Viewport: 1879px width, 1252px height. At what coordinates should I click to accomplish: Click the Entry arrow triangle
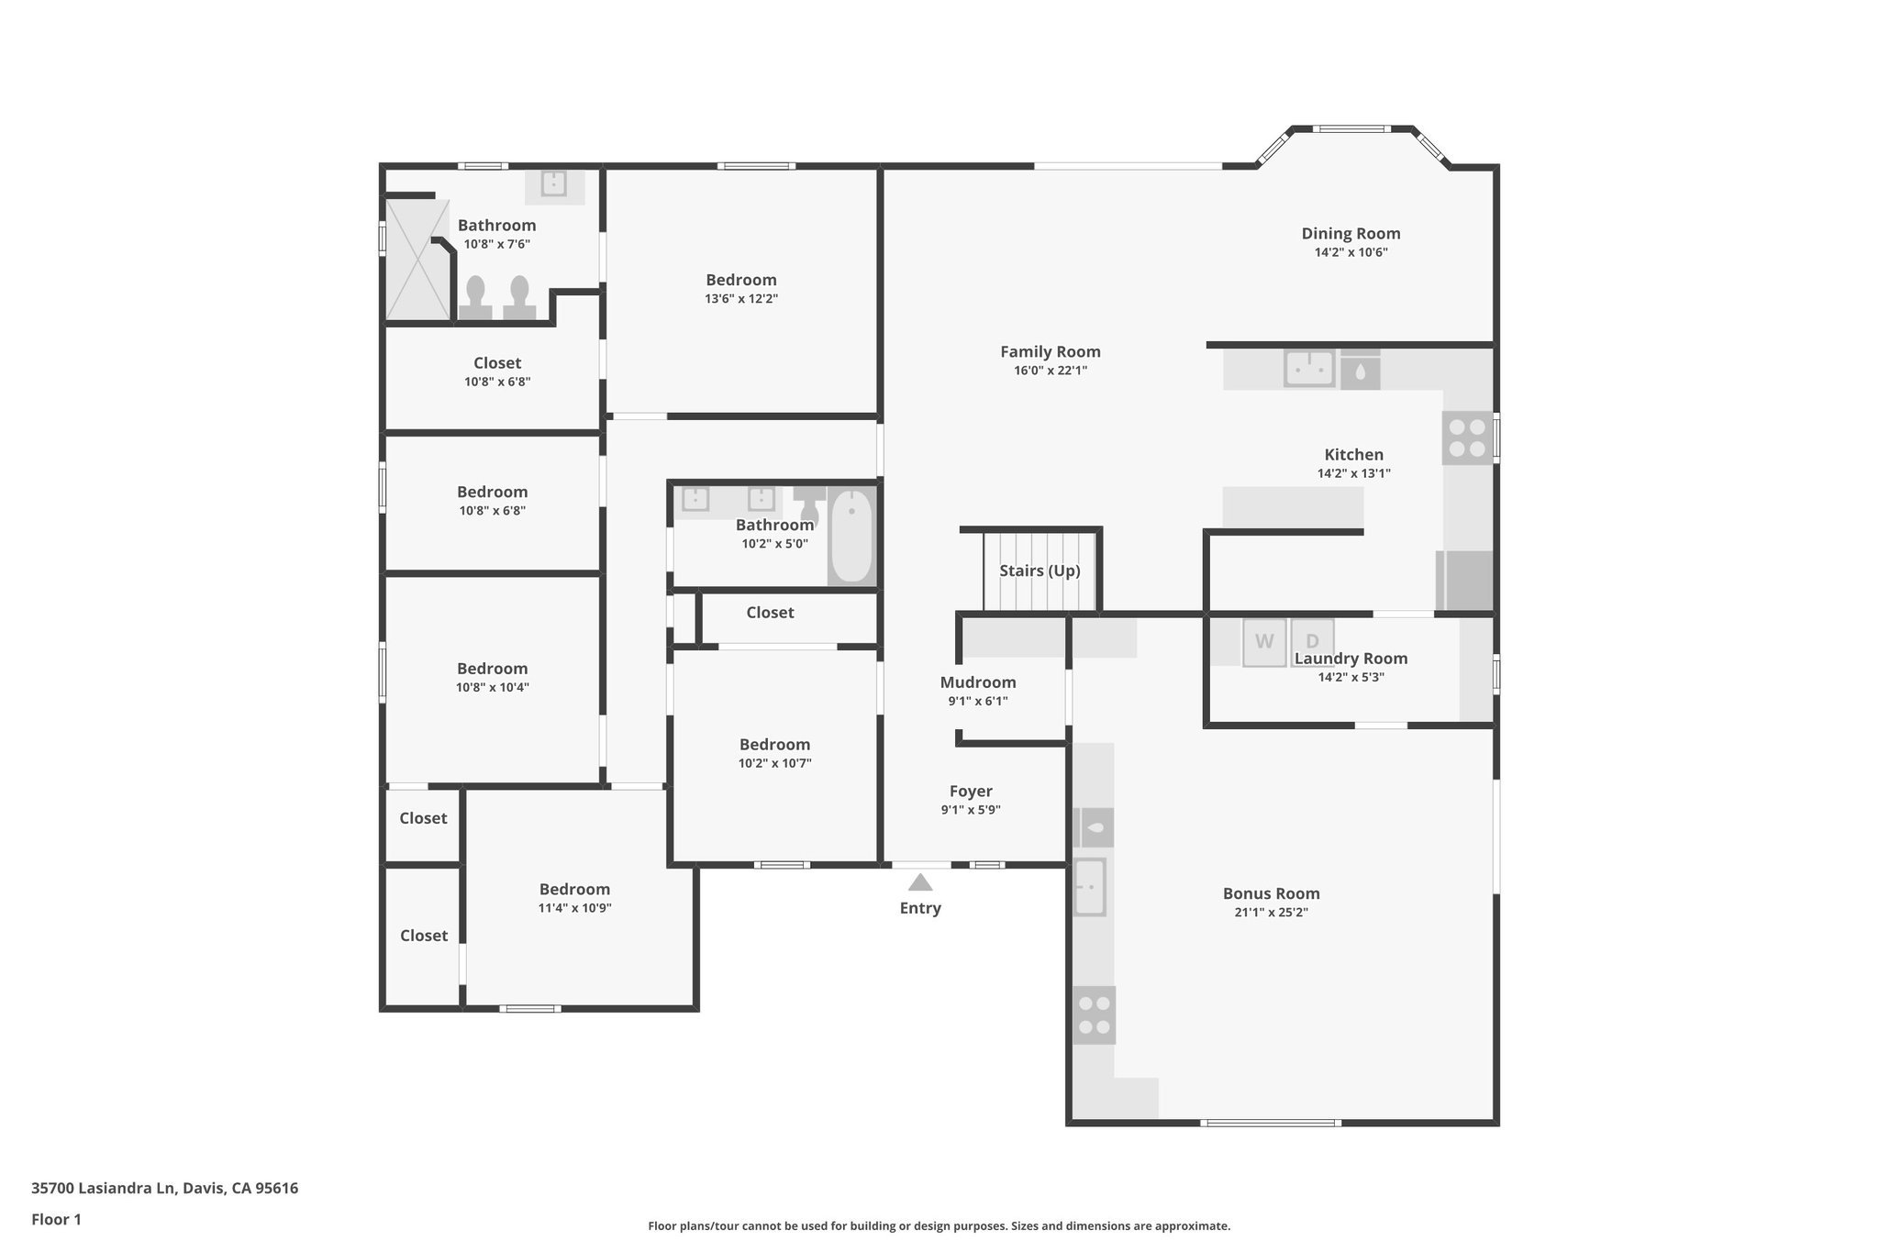pos(920,882)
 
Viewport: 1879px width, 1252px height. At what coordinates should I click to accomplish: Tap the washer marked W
pos(1264,642)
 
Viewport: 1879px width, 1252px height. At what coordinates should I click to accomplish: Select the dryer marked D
pos(1312,641)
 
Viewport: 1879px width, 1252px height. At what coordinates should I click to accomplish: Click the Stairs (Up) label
pos(1040,571)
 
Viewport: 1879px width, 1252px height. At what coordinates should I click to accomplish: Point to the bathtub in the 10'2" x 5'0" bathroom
pos(852,537)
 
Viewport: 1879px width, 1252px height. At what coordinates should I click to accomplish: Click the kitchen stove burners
pos(1466,438)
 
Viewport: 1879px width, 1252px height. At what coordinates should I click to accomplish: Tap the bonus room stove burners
pos(1094,1014)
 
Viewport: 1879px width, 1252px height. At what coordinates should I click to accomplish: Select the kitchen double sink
pos(1308,369)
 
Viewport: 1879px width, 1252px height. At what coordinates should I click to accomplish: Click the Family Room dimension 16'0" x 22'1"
pos(1050,371)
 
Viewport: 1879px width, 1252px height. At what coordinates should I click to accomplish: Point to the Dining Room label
pos(1351,233)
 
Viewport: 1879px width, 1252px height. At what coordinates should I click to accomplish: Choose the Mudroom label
pos(978,682)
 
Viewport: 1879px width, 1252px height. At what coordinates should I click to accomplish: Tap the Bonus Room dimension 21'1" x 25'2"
pos(1271,913)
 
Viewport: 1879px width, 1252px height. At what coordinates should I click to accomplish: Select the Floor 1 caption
pos(56,1219)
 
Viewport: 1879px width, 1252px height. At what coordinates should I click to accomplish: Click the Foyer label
pos(971,791)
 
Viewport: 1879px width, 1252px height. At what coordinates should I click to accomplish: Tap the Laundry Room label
pos(1351,659)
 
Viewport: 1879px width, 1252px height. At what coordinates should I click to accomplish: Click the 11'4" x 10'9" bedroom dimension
pos(574,908)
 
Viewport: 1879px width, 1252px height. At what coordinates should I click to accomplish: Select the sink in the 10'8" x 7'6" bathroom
pos(553,183)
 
